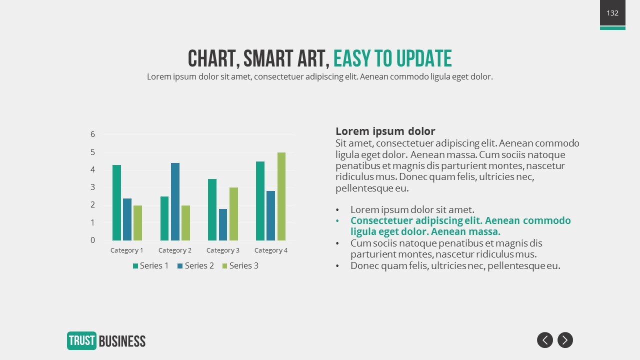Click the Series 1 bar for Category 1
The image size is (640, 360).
tap(116, 202)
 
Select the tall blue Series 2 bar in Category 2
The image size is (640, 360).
tap(175, 201)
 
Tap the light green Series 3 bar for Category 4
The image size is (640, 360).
tap(281, 196)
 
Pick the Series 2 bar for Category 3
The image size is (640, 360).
tap(223, 224)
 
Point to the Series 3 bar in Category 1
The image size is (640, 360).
tap(137, 223)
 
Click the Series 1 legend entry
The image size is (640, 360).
tap(150, 265)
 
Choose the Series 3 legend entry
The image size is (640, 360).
tap(240, 265)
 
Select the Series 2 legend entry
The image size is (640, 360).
tap(195, 265)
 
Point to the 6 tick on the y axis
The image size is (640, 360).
tap(92, 134)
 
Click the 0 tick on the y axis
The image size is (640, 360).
tap(92, 240)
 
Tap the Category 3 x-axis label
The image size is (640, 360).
tap(223, 250)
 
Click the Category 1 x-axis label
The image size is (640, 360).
tap(127, 250)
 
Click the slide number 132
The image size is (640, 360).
tap(612, 13)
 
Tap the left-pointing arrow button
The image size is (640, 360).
tap(545, 340)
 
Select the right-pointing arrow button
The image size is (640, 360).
tap(565, 340)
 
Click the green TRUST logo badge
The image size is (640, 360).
tap(81, 340)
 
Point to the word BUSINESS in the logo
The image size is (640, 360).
tap(122, 341)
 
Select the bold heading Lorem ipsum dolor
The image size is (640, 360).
tap(385, 131)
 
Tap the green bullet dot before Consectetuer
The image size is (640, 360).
tap(337, 221)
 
